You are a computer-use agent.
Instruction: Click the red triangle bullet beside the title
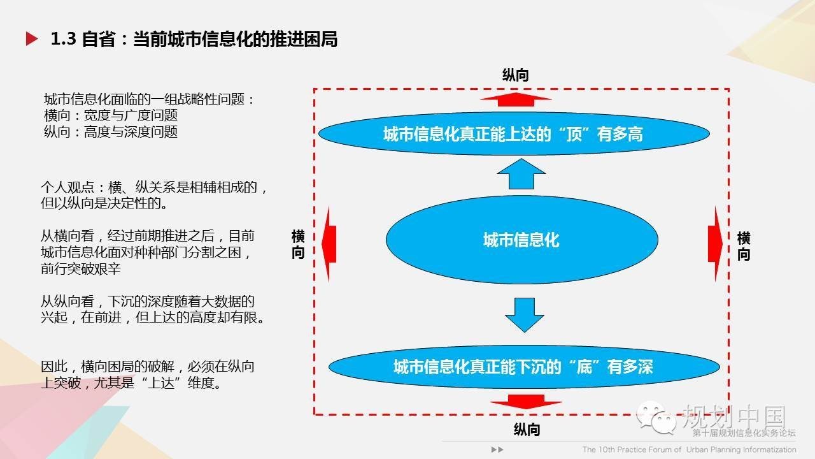[x=31, y=39]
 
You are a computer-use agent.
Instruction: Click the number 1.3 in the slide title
[x=63, y=39]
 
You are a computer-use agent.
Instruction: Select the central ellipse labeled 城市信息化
[x=521, y=240]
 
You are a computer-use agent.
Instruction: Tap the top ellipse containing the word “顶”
[x=514, y=134]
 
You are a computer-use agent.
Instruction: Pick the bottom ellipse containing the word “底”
[x=524, y=367]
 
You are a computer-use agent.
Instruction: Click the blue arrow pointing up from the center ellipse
[x=521, y=174]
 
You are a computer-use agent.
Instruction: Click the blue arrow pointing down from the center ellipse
[x=524, y=315]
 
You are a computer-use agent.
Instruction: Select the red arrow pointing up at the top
[x=516, y=99]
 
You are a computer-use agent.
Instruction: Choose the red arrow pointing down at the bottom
[x=526, y=402]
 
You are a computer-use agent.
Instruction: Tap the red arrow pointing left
[x=329, y=244]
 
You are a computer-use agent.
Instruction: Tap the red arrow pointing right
[x=715, y=244]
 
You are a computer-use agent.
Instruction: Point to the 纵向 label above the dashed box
[x=516, y=75]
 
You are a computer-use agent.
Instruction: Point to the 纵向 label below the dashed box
[x=527, y=430]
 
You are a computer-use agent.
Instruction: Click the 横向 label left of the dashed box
[x=298, y=244]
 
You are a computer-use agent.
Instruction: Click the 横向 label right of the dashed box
[x=744, y=246]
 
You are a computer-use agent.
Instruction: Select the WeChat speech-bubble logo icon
[x=656, y=418]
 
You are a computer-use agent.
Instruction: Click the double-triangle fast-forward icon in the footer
[x=497, y=449]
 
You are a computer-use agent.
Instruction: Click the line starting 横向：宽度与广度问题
[x=111, y=115]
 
